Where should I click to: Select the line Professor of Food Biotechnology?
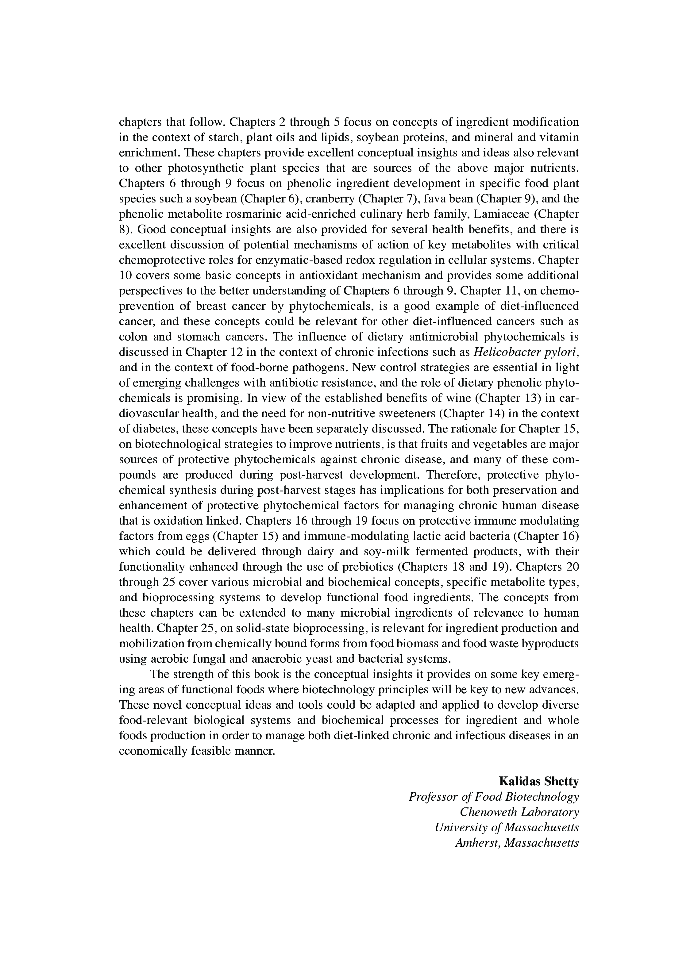(x=494, y=797)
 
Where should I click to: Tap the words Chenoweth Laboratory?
(x=519, y=812)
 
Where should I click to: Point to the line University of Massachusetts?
(x=507, y=827)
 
